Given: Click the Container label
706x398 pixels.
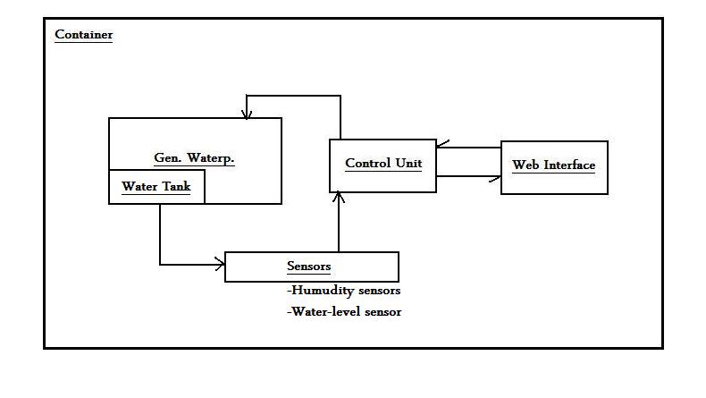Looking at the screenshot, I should point(83,35).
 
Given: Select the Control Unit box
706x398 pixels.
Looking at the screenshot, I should point(382,165).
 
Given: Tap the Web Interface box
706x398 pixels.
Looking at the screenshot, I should point(553,167).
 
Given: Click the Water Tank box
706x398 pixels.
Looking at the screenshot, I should point(156,188).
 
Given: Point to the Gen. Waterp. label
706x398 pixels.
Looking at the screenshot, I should point(200,158).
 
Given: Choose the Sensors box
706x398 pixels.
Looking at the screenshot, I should point(310,267).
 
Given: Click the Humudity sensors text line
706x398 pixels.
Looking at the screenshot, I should point(343,291).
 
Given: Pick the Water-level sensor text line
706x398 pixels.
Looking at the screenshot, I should point(344,312).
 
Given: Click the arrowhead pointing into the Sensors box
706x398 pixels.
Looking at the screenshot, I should point(219,264).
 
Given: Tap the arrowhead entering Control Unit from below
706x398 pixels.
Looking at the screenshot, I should point(340,198).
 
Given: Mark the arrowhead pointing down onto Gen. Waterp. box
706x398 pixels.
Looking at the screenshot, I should point(246,113).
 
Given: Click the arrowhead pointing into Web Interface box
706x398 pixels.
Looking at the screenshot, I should point(494,177).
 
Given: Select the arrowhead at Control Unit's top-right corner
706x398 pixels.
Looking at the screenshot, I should point(441,146).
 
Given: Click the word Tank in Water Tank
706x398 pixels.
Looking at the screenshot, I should point(175,187).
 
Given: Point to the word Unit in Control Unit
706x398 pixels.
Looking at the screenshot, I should point(408,164).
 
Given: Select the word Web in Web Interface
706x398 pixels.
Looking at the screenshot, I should point(526,165).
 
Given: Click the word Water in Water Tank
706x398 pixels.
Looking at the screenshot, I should point(139,187).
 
